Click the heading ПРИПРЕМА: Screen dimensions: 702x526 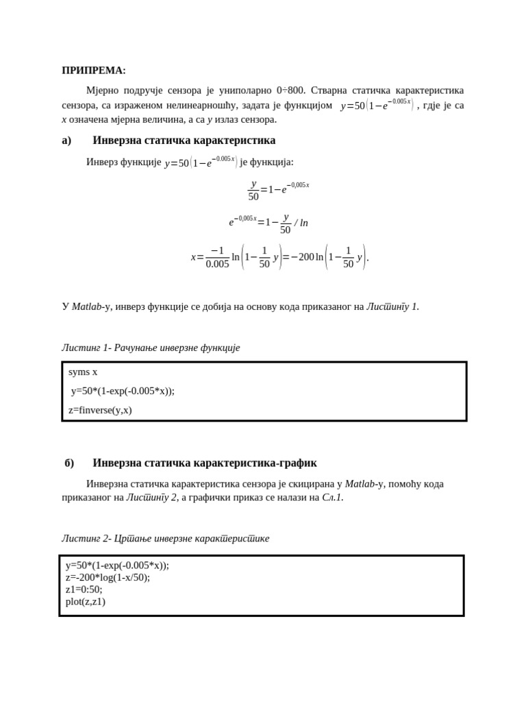click(x=94, y=70)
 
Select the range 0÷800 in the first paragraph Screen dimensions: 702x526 click(x=290, y=90)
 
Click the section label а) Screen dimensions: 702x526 click(x=66, y=141)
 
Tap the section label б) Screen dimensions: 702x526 click(x=69, y=463)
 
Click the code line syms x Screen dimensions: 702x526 click(x=83, y=372)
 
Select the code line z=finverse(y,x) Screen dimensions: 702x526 click(x=100, y=410)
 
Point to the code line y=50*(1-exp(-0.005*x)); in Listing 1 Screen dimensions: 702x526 click(x=123, y=391)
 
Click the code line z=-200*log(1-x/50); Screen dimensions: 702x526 click(x=108, y=577)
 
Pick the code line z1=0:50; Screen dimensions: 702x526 click(x=84, y=590)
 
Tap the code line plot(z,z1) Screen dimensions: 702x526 click(x=86, y=602)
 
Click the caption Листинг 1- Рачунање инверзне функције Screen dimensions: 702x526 click(x=151, y=348)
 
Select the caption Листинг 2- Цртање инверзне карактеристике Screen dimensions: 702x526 click(x=165, y=538)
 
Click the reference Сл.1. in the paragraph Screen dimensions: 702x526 click(x=332, y=498)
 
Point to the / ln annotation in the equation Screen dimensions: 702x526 click(x=301, y=223)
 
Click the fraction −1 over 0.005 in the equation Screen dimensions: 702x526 click(x=217, y=257)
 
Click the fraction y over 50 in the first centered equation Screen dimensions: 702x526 click(x=253, y=190)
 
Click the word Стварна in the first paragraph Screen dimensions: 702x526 click(x=333, y=90)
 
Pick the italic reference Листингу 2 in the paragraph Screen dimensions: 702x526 click(x=151, y=498)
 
